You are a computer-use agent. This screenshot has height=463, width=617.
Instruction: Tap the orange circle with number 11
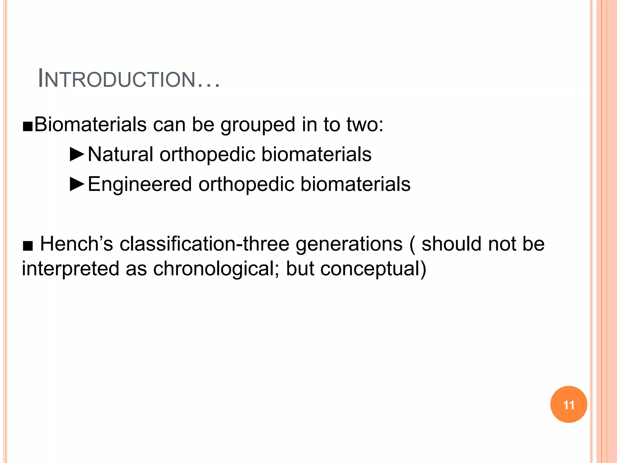point(568,405)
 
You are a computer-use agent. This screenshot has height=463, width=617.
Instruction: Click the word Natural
point(121,154)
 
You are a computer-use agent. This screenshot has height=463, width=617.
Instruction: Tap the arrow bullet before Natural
point(77,154)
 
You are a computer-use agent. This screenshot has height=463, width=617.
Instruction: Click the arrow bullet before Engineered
point(77,184)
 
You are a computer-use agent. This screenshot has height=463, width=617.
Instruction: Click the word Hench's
point(77,244)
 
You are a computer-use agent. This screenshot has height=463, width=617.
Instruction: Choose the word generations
point(349,244)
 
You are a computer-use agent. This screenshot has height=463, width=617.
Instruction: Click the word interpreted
point(70,269)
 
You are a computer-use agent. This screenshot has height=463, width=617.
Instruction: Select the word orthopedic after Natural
point(207,154)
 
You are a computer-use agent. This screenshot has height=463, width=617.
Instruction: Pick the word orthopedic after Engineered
point(246,184)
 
